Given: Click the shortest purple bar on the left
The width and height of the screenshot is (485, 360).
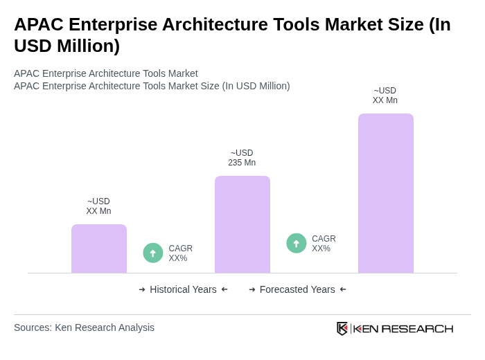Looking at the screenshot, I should pyautogui.click(x=98, y=249).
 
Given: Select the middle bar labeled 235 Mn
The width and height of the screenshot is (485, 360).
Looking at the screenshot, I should pyautogui.click(x=242, y=224).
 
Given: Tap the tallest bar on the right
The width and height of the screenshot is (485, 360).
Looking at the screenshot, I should pyautogui.click(x=385, y=193).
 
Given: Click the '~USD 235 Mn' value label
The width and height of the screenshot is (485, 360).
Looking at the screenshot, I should pyautogui.click(x=242, y=158).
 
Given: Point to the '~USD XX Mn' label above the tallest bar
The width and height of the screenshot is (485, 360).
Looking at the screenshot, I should pyautogui.click(x=385, y=96).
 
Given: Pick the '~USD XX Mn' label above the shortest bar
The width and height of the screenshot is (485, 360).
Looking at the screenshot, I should pyautogui.click(x=98, y=206).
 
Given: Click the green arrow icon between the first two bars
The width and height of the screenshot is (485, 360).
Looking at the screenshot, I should pyautogui.click(x=153, y=253).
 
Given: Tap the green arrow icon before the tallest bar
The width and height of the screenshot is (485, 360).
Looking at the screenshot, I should pyautogui.click(x=297, y=244).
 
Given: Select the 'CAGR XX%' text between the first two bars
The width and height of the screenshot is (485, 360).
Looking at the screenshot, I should pyautogui.click(x=180, y=253).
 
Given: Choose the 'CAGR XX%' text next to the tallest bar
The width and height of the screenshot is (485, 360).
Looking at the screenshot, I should pyautogui.click(x=324, y=244).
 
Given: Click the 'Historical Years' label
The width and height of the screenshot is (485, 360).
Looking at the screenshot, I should pyautogui.click(x=183, y=289).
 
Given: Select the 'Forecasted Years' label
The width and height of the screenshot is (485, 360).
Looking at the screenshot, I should pyautogui.click(x=297, y=289).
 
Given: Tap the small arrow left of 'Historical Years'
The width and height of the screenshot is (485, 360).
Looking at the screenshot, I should pyautogui.click(x=142, y=289).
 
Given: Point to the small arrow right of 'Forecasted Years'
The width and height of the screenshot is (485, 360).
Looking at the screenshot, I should pyautogui.click(x=343, y=289).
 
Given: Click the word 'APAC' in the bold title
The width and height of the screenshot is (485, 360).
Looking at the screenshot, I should pyautogui.click(x=39, y=24).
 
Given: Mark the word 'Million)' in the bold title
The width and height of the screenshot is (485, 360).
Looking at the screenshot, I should pyautogui.click(x=88, y=46).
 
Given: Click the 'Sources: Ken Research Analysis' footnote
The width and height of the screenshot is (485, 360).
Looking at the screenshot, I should pyautogui.click(x=84, y=327).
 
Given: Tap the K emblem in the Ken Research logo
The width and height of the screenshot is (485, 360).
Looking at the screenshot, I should pyautogui.click(x=342, y=328).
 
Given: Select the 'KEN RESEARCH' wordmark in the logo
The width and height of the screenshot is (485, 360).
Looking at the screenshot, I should pyautogui.click(x=403, y=328).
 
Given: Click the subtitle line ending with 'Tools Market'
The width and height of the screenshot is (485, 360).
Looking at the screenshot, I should pyautogui.click(x=105, y=73).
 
